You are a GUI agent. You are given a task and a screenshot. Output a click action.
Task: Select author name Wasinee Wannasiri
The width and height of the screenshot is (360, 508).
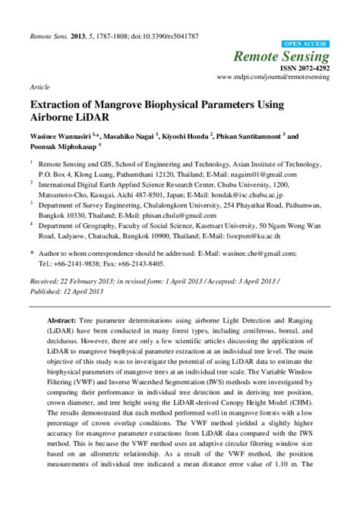60,137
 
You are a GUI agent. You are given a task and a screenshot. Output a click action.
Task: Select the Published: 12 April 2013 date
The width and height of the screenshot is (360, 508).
68,291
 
